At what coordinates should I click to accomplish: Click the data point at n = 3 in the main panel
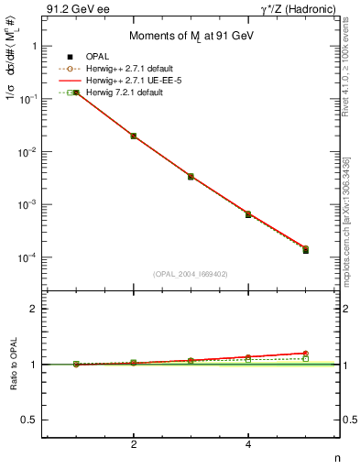pyautogui.click(x=191, y=176)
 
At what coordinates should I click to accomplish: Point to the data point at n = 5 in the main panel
pyautogui.click(x=305, y=249)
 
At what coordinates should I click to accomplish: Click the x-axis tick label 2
pyautogui.click(x=134, y=444)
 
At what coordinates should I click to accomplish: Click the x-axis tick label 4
pyautogui.click(x=248, y=444)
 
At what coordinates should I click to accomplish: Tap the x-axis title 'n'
pyautogui.click(x=337, y=458)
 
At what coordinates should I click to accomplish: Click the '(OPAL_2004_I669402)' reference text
pyautogui.click(x=191, y=273)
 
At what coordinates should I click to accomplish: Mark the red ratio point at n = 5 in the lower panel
pyautogui.click(x=305, y=353)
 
